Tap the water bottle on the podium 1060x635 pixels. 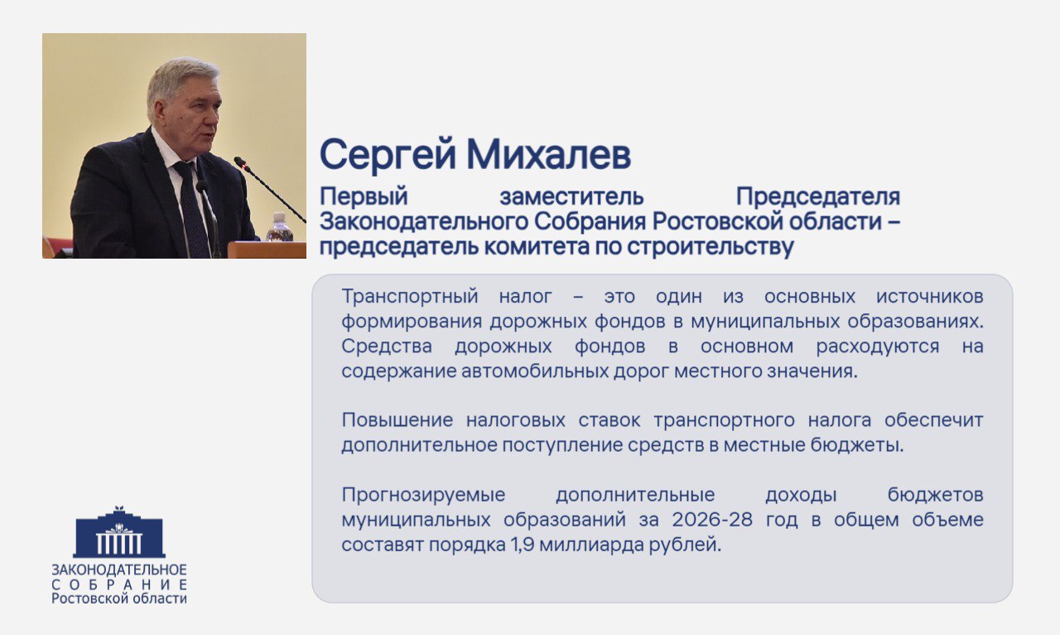click(278, 228)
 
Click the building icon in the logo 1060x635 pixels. click(119, 533)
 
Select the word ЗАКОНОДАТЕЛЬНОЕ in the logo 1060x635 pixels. click(119, 570)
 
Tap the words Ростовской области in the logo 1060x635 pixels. click(119, 599)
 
